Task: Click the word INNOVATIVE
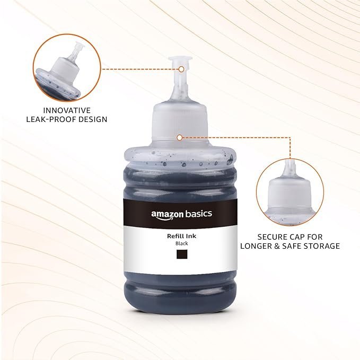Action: (67, 110)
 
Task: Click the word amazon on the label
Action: (168, 214)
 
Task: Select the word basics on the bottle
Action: (199, 214)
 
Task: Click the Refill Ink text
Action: (182, 236)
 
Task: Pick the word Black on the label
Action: (182, 243)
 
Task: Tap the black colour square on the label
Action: (182, 254)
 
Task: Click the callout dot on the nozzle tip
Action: (181, 69)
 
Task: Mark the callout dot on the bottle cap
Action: (180, 137)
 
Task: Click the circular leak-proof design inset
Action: (67, 68)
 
